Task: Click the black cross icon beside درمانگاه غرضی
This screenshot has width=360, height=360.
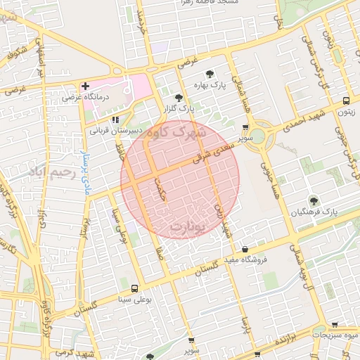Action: click(x=85, y=87)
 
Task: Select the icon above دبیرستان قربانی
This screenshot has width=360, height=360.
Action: click(x=116, y=120)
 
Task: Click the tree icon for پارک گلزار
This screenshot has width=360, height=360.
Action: click(x=179, y=98)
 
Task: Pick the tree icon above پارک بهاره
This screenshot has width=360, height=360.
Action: click(x=209, y=74)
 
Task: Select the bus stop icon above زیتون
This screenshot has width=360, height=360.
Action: click(x=346, y=101)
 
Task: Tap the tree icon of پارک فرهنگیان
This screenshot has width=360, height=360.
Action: click(x=313, y=201)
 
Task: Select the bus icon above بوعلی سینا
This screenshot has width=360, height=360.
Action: click(x=134, y=288)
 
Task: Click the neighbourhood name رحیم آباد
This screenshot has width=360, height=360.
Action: click(x=49, y=172)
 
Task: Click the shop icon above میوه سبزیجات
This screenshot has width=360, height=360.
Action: click(x=335, y=326)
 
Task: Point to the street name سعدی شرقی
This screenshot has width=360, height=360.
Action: click(x=214, y=152)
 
